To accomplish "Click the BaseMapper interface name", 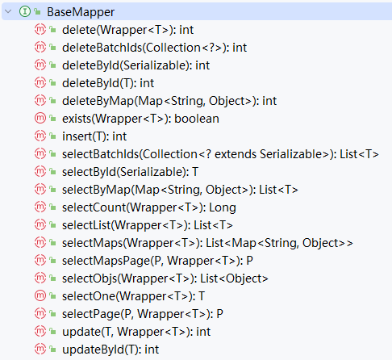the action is coord(81,12).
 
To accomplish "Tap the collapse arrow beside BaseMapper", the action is coord(8,11).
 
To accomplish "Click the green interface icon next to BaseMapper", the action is coord(25,11).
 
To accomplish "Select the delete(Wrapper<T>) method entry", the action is coord(127,30).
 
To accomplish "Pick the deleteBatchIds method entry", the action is coord(154,48).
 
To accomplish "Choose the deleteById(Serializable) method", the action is coord(136,65).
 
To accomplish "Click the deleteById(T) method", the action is coord(108,83).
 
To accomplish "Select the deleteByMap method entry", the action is coord(169,101).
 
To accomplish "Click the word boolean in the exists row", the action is coord(197,119).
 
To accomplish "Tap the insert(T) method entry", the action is coord(94,136).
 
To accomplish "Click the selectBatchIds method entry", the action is coord(220,154).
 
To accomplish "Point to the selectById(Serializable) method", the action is coord(130,172).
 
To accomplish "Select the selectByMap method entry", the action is coord(180,190).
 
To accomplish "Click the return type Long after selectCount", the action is coord(223,207).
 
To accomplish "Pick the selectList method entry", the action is coord(148,225).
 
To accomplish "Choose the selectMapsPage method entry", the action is coord(157,261).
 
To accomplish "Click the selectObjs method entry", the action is coord(165,278).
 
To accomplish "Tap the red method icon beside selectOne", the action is coord(40,296).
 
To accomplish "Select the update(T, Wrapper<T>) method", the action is coord(136,332).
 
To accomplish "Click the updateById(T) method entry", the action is coord(111,350).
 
